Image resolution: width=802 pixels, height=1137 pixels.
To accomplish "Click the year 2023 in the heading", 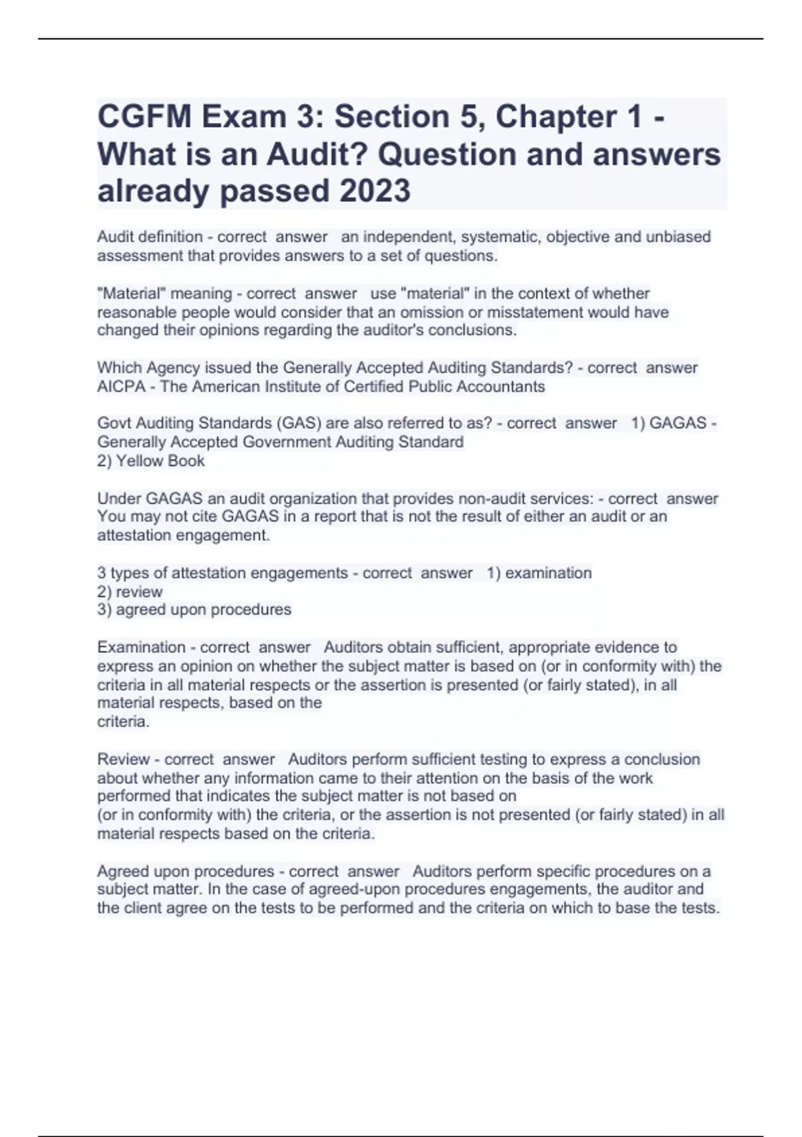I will pyautogui.click(x=375, y=191).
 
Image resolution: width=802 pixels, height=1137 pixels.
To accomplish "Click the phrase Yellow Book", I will pyautogui.click(x=160, y=461).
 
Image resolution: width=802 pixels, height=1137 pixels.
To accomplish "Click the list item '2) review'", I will pyautogui.click(x=130, y=592).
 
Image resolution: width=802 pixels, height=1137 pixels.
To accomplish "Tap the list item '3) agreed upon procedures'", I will pyautogui.click(x=194, y=610).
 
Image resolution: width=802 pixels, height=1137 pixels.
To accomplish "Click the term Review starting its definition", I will pyautogui.click(x=123, y=760).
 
